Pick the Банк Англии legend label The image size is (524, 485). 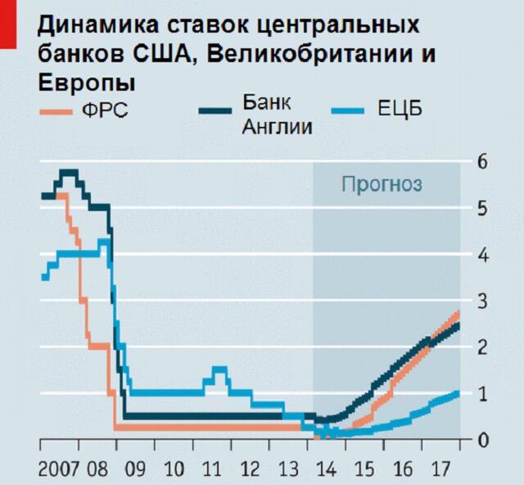tap(278, 115)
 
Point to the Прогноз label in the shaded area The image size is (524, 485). tap(382, 184)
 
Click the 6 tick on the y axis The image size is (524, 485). tap(482, 161)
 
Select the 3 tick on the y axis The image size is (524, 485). tap(482, 301)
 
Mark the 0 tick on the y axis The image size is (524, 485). tap(482, 440)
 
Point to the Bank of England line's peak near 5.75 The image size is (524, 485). tap(69, 172)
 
